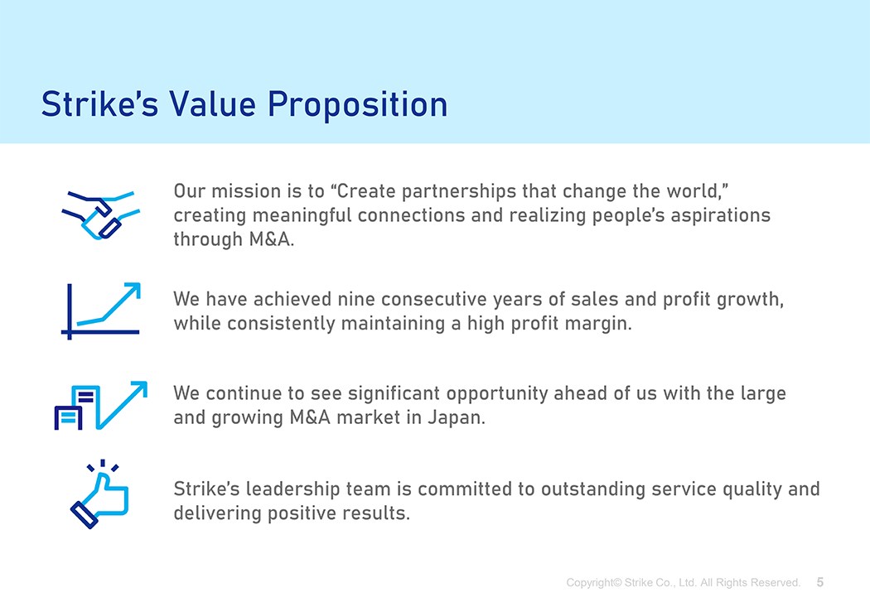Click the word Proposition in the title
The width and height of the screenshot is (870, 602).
tap(358, 105)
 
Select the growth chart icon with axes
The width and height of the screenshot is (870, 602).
tap(100, 311)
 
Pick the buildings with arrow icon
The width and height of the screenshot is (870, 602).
tap(100, 406)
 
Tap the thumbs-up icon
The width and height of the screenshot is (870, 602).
tap(99, 494)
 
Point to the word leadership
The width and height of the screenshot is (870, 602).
tap(292, 490)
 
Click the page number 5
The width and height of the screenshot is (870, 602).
tap(820, 582)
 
